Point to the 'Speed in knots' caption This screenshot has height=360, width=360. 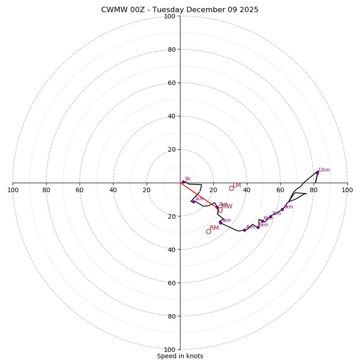[180, 356]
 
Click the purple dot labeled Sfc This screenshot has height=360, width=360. [183, 182]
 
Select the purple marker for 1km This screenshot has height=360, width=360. [193, 202]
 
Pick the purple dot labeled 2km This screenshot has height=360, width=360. [217, 207]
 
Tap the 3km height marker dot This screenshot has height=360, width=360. [220, 223]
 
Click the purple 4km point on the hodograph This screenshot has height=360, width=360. [244, 230]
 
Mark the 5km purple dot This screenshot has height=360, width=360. [258, 227]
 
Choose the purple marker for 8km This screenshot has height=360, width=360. [282, 209]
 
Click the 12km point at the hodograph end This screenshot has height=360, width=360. [317, 172]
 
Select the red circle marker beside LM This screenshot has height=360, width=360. [231, 188]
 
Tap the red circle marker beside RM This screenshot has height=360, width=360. [208, 231]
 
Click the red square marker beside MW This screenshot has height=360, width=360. [220, 210]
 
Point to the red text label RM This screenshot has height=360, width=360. [214, 228]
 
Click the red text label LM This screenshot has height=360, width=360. [237, 185]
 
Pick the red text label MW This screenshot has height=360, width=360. [227, 207]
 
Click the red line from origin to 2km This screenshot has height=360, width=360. [198, 195]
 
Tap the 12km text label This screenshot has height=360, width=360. [324, 170]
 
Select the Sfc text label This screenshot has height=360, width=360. [188, 179]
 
